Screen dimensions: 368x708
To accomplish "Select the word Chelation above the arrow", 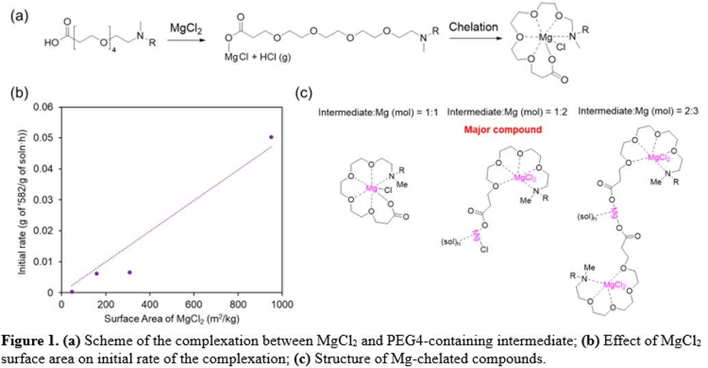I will tap(473, 27).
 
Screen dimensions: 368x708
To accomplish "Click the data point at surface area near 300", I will tap(129, 272).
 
